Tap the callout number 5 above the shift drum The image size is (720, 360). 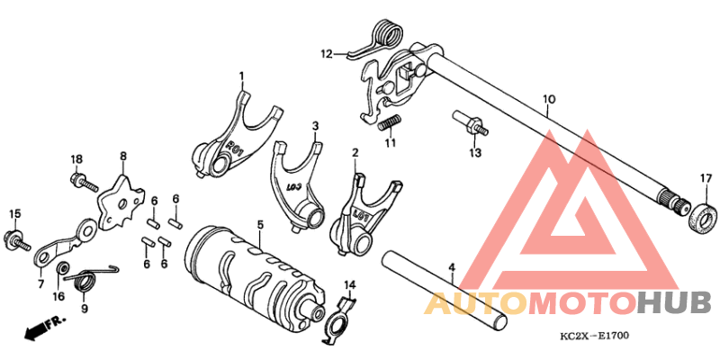[x=259, y=224]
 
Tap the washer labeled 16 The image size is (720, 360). [x=61, y=269]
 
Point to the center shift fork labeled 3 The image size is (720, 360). [x=296, y=184]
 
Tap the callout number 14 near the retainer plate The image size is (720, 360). [x=350, y=285]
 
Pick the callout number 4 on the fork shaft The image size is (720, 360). [x=452, y=267]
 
